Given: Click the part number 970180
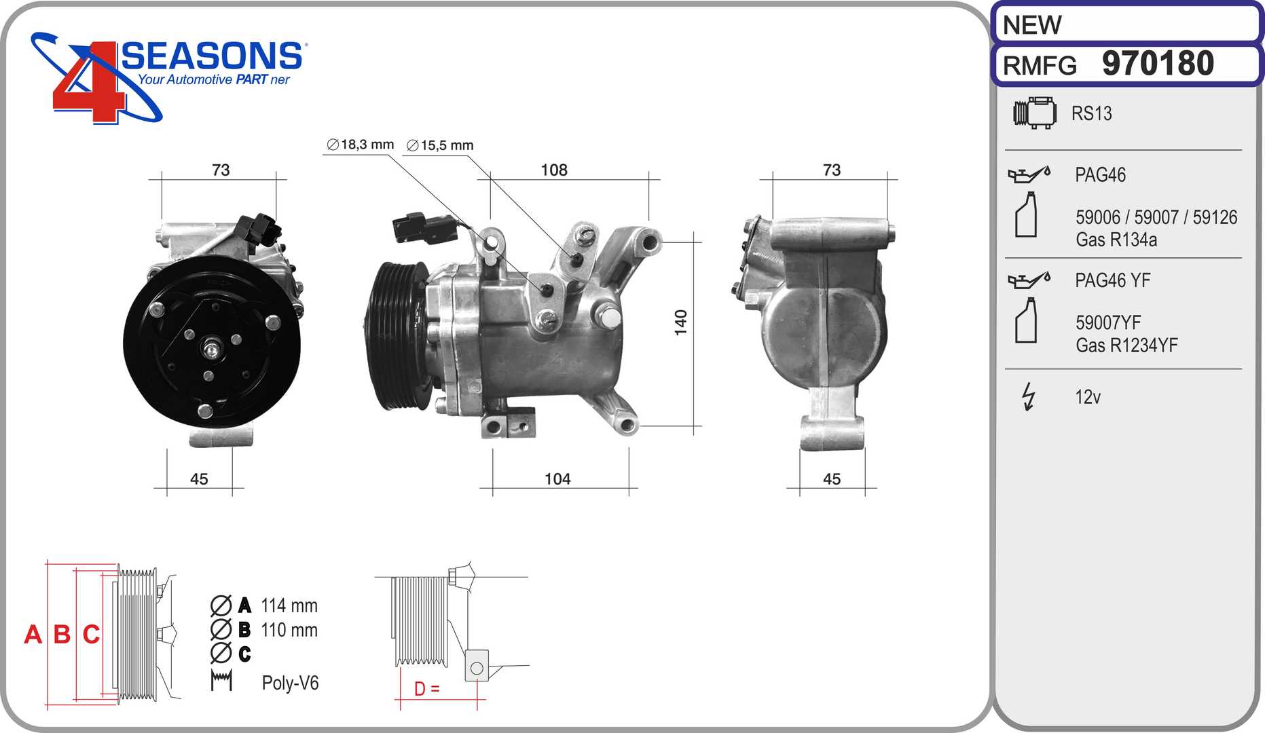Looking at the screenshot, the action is click(1158, 64).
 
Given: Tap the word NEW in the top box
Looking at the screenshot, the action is click(1031, 25).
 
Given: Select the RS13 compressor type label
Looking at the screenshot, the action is click(1091, 113).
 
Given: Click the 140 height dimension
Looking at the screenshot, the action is click(680, 322).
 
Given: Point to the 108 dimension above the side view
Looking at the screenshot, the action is click(554, 170).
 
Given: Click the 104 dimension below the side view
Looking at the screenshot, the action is click(557, 479).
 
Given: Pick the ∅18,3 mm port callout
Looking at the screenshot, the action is click(360, 145).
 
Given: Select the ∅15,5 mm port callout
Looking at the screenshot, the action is click(439, 145).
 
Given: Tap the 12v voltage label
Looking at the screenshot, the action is click(1088, 397).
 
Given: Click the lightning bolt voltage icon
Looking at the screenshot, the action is click(1029, 397).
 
